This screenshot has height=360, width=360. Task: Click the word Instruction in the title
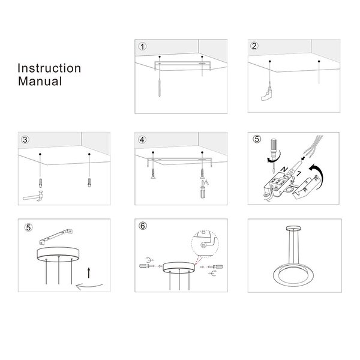tap(49, 68)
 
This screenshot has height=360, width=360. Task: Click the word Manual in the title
tap(40, 81)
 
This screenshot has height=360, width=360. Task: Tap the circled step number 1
tap(142, 47)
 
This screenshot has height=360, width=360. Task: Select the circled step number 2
tap(254, 46)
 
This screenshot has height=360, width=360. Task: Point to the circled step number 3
tap(25, 140)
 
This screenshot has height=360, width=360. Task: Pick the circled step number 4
tap(142, 140)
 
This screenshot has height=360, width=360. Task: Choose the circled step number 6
tap(143, 226)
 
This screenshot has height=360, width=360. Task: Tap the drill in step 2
tap(266, 95)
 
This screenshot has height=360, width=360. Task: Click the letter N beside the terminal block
tap(284, 170)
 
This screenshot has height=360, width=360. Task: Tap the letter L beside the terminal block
tap(298, 173)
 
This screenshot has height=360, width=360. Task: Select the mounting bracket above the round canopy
tap(56, 236)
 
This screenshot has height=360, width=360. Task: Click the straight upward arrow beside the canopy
tap(89, 273)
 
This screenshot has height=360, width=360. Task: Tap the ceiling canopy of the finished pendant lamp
tap(293, 229)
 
